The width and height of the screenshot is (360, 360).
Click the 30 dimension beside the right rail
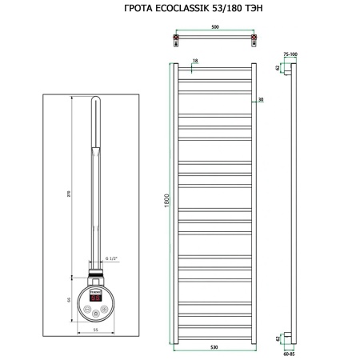pos(261,100)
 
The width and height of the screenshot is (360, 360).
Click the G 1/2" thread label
pos(111,257)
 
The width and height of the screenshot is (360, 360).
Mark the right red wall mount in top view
pos(254,39)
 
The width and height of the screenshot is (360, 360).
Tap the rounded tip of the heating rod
pos(94,102)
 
